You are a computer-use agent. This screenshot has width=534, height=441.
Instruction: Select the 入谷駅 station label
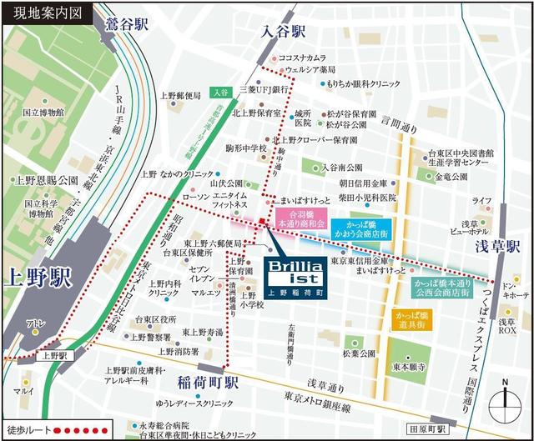(x=284, y=33)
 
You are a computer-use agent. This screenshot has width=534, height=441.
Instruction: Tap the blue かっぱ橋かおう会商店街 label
(x=360, y=230)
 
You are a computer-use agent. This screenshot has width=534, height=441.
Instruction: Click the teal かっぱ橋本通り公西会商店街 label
(x=441, y=288)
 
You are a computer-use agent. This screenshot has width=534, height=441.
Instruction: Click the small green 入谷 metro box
(x=220, y=93)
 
